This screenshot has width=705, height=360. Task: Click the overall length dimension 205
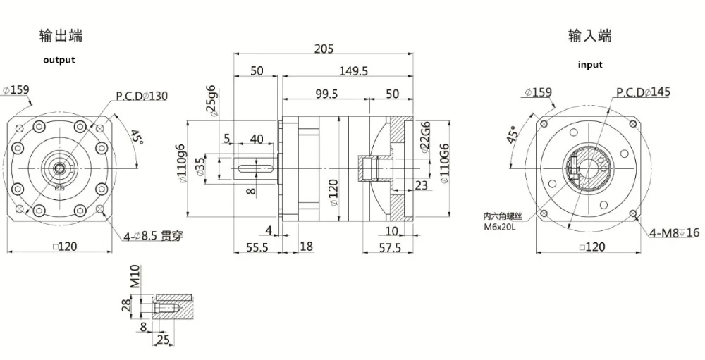point(324,49)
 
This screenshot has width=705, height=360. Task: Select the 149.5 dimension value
point(354,70)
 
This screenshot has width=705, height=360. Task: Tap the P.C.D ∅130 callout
point(142,96)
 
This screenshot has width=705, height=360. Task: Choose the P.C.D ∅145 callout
point(643,92)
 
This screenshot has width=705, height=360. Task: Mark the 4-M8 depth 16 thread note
point(675,231)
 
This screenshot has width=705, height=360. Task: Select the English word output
point(59,60)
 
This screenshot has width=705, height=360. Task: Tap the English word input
point(590,65)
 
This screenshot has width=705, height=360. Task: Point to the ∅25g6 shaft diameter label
point(210,101)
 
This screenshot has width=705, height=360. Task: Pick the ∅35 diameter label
point(201,166)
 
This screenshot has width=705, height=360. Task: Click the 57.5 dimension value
point(389,248)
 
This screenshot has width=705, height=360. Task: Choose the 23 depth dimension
point(422,185)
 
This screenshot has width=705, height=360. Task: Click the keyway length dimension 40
point(257,139)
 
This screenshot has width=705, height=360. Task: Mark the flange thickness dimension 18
point(306,246)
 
